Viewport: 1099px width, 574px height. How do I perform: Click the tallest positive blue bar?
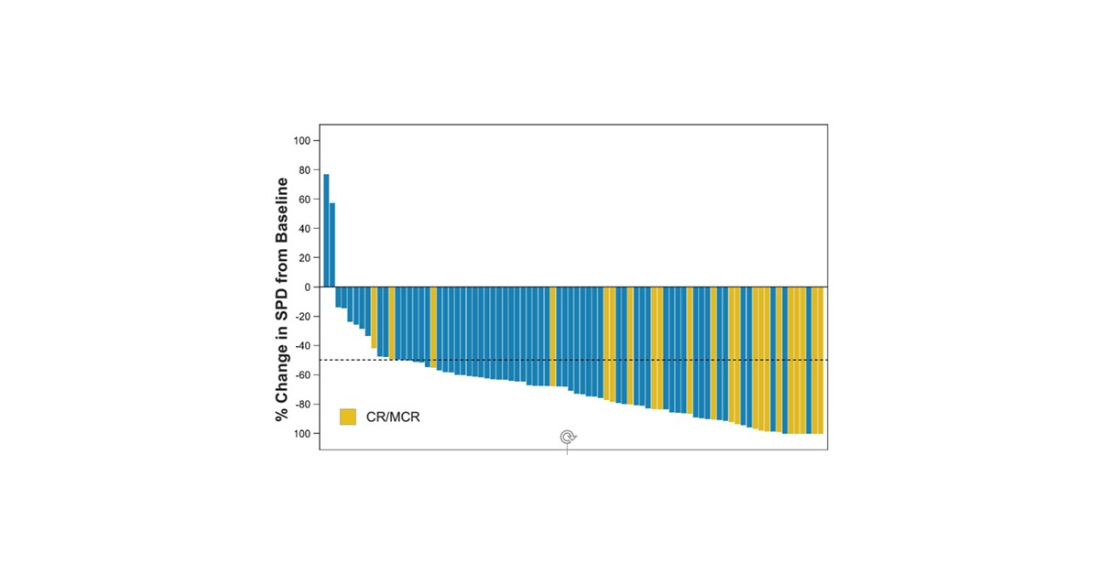pyautogui.click(x=326, y=230)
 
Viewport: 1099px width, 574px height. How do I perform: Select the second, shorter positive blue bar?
pyautogui.click(x=332, y=244)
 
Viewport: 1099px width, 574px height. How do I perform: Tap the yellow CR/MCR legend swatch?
pyautogui.click(x=348, y=417)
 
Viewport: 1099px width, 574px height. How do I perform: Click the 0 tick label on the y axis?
pyautogui.click(x=307, y=287)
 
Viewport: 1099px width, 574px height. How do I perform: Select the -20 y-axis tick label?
pyautogui.click(x=301, y=317)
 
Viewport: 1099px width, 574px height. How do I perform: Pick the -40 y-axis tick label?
pyautogui.click(x=301, y=346)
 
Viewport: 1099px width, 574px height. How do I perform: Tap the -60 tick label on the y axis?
pyautogui.click(x=301, y=375)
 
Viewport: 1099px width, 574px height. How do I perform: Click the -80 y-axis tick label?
pyautogui.click(x=301, y=405)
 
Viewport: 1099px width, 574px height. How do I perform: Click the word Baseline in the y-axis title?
pyautogui.click(x=283, y=210)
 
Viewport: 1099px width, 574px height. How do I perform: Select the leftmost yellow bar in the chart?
pyautogui.click(x=374, y=317)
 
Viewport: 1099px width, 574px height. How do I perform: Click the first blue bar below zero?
pyautogui.click(x=338, y=297)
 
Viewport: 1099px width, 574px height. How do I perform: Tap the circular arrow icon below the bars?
pyautogui.click(x=568, y=438)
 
